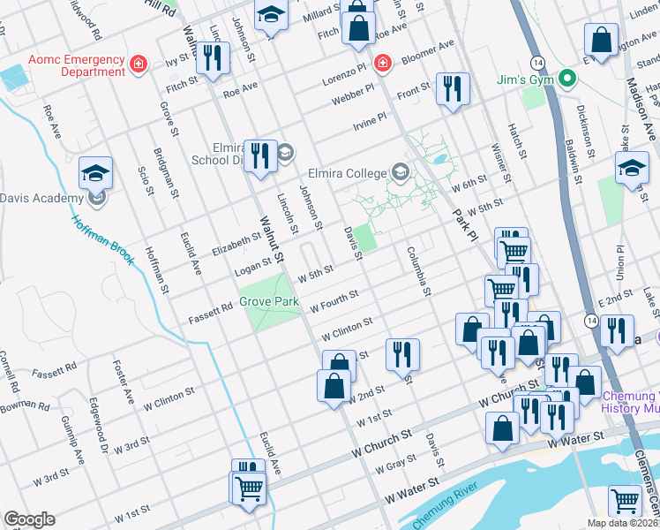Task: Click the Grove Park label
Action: point(269,302)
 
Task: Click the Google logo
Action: point(29,519)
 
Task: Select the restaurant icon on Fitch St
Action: point(212,59)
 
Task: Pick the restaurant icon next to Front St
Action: point(453,89)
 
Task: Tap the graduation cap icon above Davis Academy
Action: point(95,173)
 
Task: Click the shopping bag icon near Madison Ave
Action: point(600,41)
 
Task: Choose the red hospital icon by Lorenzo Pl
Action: point(381,63)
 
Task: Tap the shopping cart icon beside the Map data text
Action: point(625,501)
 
